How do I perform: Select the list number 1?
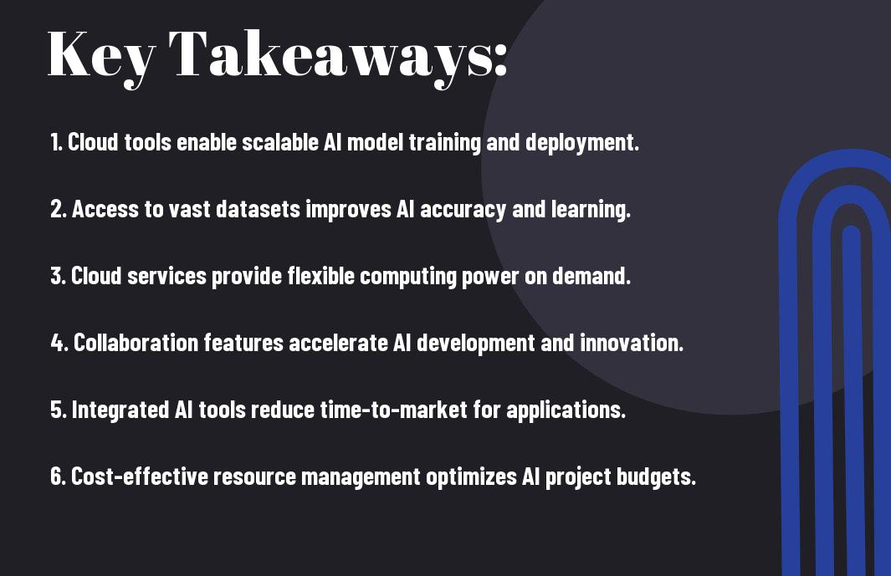click(x=56, y=142)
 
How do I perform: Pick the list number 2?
click(x=59, y=209)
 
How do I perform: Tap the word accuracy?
click(x=463, y=210)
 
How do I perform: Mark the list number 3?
click(x=58, y=276)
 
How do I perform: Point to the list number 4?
click(x=59, y=343)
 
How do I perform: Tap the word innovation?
click(x=632, y=343)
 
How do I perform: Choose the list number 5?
click(x=59, y=410)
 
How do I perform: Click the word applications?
click(x=566, y=410)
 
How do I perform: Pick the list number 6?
click(x=59, y=477)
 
